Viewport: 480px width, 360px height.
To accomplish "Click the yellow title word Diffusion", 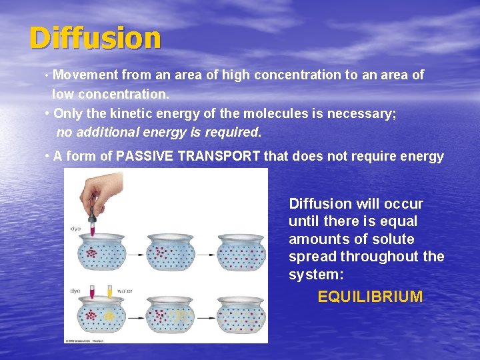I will point(95,39).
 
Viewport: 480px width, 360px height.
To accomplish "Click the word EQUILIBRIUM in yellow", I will point(370,297).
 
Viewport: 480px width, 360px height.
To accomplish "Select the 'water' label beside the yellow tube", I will point(125,291).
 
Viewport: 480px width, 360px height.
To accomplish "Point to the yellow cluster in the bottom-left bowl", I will point(109,315).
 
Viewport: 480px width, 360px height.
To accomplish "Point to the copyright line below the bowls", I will point(87,340).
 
